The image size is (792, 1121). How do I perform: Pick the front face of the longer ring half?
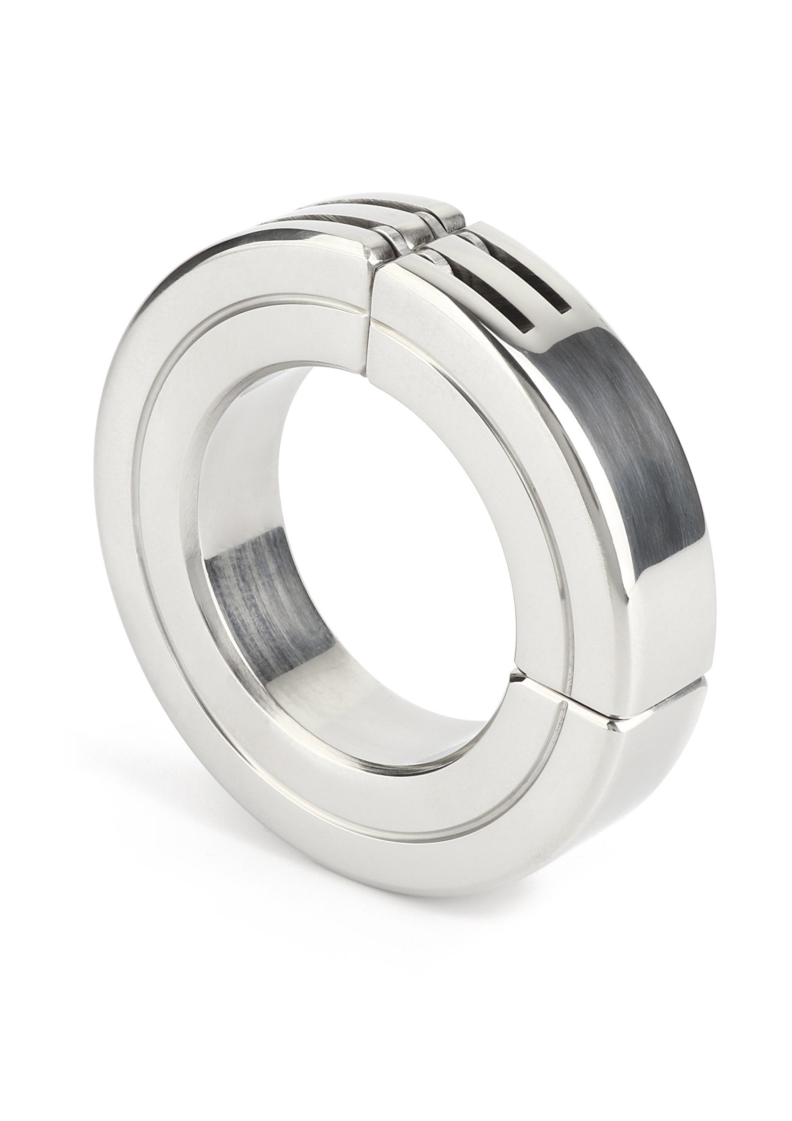(196, 635)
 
